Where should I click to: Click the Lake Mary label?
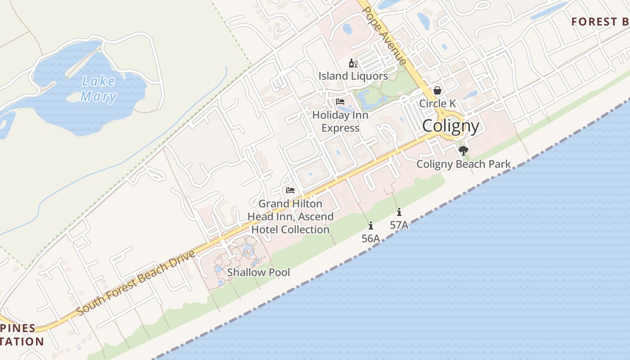99,89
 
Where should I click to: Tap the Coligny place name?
450,126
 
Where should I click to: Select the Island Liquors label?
353,76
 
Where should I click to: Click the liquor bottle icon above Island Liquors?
353,63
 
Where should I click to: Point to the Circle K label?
437,103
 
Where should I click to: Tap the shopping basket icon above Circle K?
437,91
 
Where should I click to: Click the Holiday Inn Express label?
340,121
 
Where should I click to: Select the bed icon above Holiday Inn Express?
340,102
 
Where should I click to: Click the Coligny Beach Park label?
463,164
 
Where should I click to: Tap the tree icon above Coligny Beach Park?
463,151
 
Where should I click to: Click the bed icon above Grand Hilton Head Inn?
290,190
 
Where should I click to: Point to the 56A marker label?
371,238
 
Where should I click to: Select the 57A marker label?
399,225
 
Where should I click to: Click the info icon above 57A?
399,212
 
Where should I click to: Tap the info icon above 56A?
371,225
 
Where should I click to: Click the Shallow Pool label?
258,272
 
